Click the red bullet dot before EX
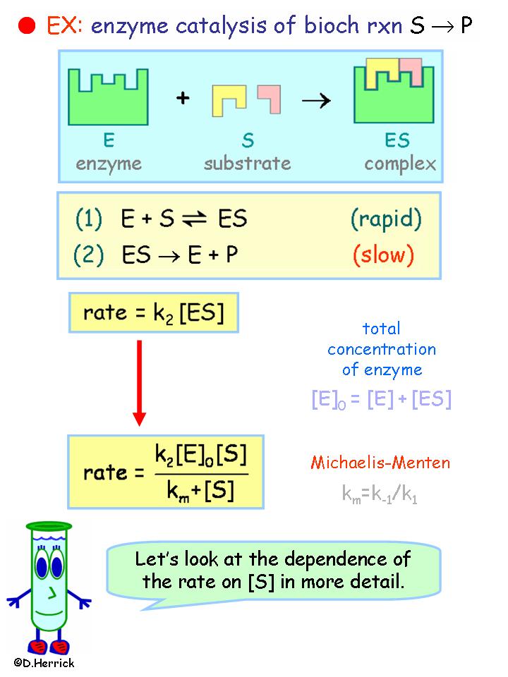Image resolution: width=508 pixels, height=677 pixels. tap(28, 26)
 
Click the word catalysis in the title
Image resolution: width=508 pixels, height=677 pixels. tap(206, 27)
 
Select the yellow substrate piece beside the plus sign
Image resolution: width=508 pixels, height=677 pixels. tap(229, 99)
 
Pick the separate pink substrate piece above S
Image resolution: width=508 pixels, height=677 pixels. tap(269, 97)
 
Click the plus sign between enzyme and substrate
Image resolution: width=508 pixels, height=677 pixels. tap(183, 98)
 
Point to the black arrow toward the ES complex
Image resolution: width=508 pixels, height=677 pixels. tap(316, 100)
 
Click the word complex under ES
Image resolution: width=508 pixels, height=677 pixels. tap(400, 164)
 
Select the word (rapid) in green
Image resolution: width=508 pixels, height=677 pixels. tap(386, 219)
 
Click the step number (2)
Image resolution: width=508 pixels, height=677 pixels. tap(88, 255)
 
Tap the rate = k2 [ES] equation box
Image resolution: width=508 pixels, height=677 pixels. tap(153, 312)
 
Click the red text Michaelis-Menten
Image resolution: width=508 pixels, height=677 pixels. tap(380, 463)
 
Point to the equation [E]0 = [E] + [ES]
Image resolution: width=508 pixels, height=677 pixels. tap(381, 399)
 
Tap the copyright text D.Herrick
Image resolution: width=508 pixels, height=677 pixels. tap(43, 663)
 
